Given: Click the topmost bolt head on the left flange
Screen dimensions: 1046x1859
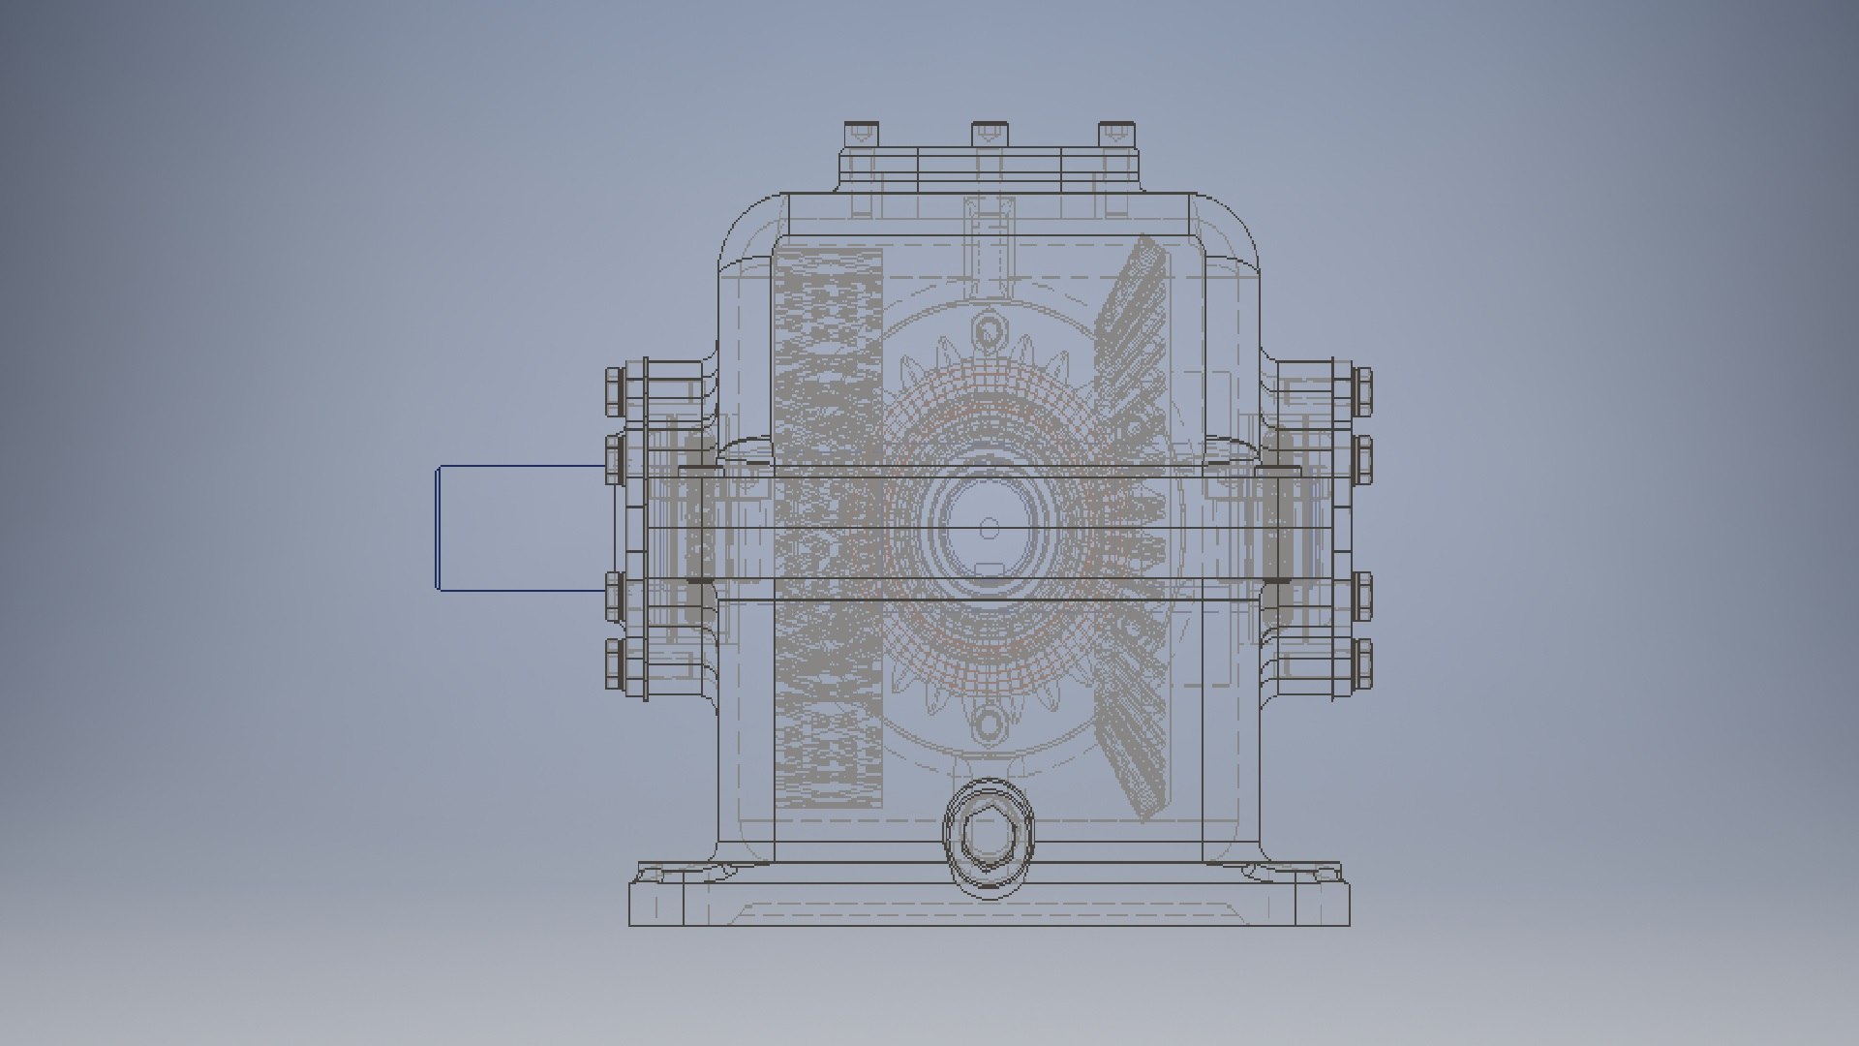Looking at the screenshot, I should click(x=615, y=390).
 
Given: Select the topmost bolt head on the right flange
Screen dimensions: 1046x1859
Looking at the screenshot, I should click(x=1362, y=390).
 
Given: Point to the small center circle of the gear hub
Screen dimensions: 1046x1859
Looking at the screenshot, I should click(x=989, y=528).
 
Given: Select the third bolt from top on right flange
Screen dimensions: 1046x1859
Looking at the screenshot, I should click(x=1362, y=596).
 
